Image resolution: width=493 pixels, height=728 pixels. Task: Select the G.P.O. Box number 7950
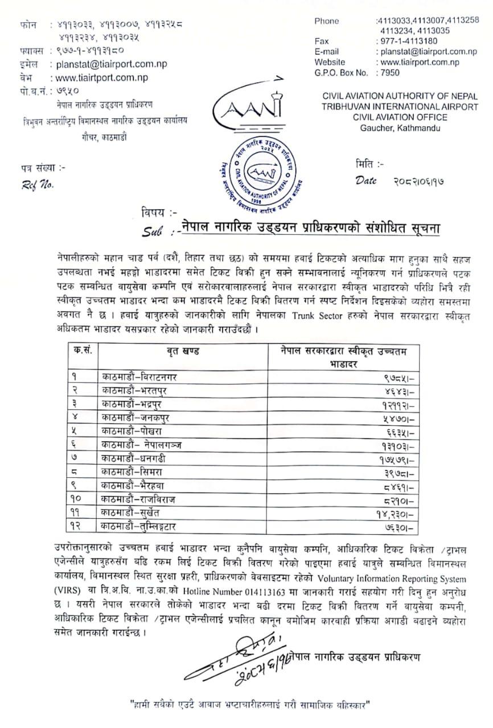coord(390,73)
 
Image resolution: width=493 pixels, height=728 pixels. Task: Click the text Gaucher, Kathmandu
coord(399,127)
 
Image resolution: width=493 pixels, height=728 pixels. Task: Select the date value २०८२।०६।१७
coord(418,181)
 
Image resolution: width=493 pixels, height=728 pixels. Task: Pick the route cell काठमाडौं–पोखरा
coord(130,432)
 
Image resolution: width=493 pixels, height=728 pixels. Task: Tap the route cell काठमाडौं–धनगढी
coord(134,459)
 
